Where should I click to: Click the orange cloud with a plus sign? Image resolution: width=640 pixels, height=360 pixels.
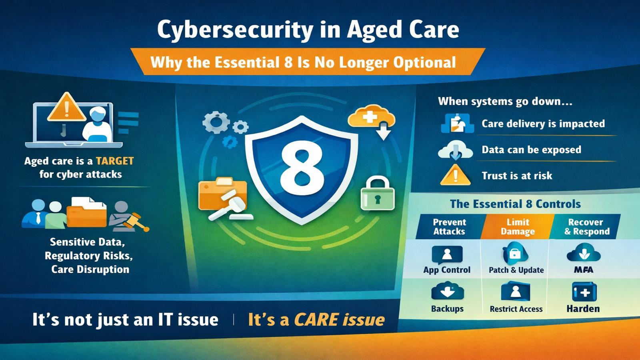point(371,117)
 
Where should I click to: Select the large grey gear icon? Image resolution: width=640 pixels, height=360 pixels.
point(216,122)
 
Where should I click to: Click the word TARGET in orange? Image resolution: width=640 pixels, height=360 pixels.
point(115,161)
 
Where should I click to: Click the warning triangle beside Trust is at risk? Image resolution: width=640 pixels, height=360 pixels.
point(455,175)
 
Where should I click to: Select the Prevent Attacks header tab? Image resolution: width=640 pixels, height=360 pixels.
point(449,227)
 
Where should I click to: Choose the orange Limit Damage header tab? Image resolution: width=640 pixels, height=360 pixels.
point(518,227)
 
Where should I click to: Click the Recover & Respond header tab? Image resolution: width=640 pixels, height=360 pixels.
point(586,227)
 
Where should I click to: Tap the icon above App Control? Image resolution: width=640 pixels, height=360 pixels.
point(447,254)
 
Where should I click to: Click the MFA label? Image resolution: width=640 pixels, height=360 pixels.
point(583,270)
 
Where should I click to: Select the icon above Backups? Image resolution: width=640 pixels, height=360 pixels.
point(447,292)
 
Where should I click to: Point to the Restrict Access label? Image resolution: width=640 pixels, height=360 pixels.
point(516,309)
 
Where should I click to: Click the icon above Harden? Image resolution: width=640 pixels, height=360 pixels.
point(584,292)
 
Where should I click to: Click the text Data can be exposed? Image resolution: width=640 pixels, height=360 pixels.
point(531,150)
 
